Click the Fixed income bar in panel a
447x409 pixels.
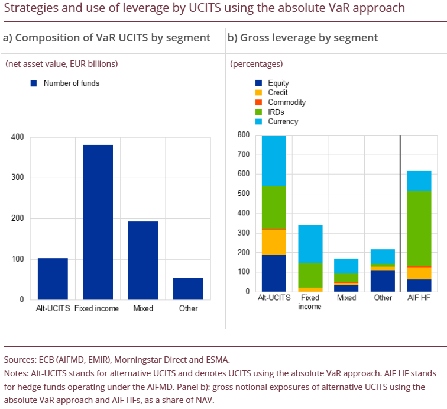pyautogui.click(x=98, y=222)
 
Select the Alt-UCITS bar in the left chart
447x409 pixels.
pyautogui.click(x=53, y=279)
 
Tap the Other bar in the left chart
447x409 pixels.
pyautogui.click(x=188, y=289)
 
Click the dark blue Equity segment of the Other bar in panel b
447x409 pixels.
pyautogui.click(x=383, y=281)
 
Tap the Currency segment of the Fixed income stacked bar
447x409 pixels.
pyautogui.click(x=310, y=244)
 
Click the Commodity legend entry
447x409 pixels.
pyautogui.click(x=286, y=102)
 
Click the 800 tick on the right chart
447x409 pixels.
pyautogui.click(x=242, y=135)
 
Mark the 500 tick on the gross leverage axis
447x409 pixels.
pyautogui.click(x=242, y=194)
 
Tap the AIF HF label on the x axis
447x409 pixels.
pyautogui.click(x=419, y=298)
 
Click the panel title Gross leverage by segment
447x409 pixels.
pyautogui.click(x=303, y=38)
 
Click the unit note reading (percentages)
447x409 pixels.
pyautogui.click(x=256, y=64)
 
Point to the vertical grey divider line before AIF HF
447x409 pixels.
pyautogui.click(x=400, y=213)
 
